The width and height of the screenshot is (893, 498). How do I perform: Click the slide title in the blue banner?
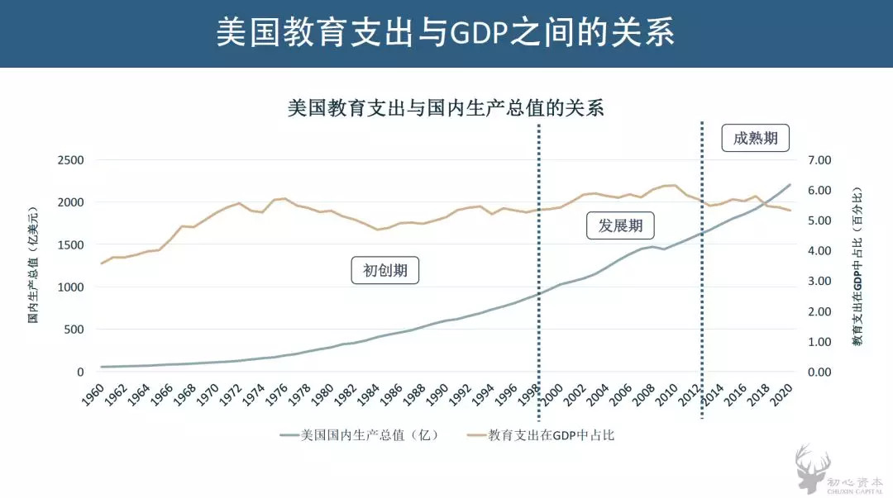pyautogui.click(x=446, y=33)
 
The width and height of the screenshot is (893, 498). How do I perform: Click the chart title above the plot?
pyautogui.click(x=446, y=108)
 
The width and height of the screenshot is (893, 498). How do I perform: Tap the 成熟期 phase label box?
pyautogui.click(x=755, y=138)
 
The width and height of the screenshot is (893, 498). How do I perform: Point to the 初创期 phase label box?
pyautogui.click(x=385, y=270)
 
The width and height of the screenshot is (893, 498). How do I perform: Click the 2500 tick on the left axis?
pyautogui.click(x=70, y=159)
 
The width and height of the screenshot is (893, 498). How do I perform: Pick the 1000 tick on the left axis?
pyautogui.click(x=70, y=287)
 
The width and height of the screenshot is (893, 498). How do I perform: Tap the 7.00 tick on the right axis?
pyautogui.click(x=818, y=159)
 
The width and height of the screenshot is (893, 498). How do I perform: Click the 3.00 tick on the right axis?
pyautogui.click(x=818, y=281)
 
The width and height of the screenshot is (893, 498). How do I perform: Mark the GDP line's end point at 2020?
pyautogui.click(x=790, y=185)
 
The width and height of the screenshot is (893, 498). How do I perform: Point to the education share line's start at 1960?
pyautogui.click(x=102, y=263)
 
